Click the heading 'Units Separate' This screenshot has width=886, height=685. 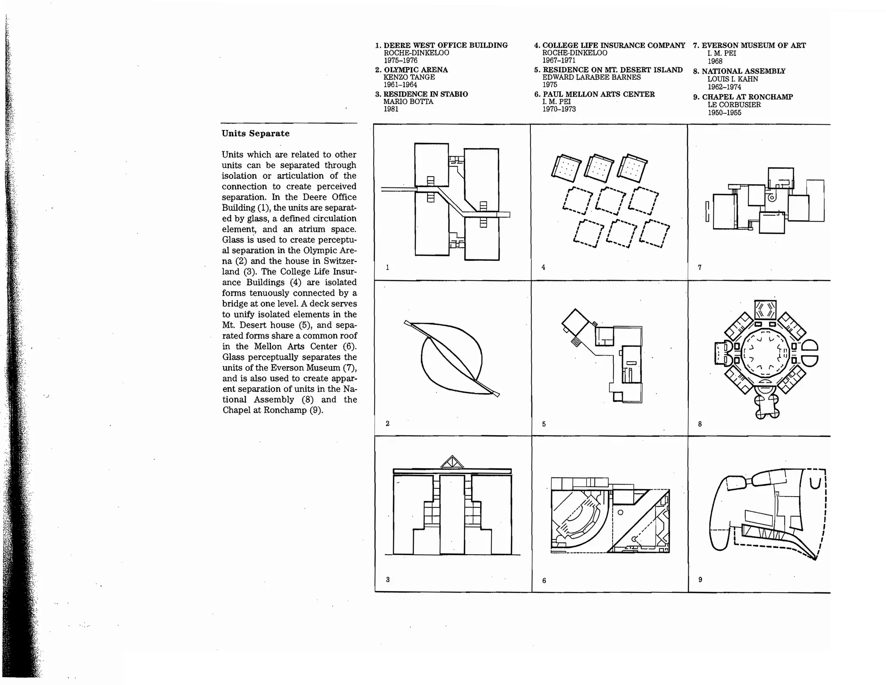coord(255,133)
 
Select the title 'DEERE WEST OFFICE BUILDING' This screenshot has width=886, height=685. coord(446,45)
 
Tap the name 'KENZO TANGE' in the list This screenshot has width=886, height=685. coord(409,77)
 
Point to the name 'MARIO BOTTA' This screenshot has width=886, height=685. coord(408,101)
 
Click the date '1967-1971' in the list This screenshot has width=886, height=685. coord(559,60)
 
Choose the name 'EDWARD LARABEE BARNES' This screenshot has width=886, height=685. coord(591,77)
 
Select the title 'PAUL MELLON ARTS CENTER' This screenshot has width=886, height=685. coord(598,94)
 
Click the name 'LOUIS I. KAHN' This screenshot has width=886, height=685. coord(732,79)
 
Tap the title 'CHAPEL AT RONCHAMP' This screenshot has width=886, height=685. coord(747,97)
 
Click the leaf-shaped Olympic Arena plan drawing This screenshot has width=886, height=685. coord(452,359)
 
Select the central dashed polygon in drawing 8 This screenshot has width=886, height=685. coord(765,354)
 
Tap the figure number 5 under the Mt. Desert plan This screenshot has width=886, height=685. coord(544,424)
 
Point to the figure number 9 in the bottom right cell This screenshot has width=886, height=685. coord(700,579)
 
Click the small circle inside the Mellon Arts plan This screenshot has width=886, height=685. coord(620,512)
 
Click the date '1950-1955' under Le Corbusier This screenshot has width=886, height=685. coord(724,113)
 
